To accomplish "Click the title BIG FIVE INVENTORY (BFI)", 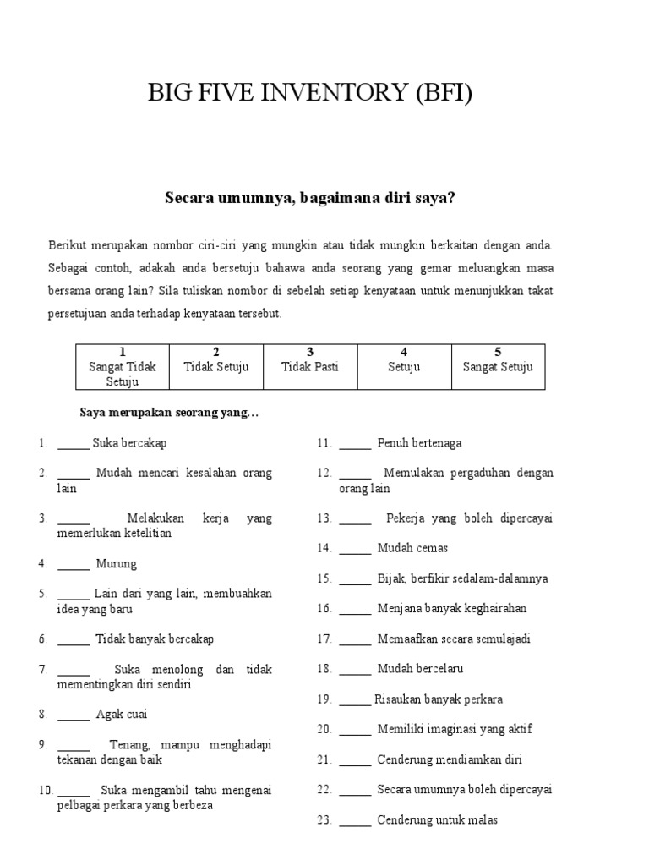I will (310, 92).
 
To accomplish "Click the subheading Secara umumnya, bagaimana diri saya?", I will (309, 198).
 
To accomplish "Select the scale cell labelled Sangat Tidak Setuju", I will (123, 366).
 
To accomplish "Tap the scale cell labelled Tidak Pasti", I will (310, 366).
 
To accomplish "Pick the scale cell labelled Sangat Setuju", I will (498, 366).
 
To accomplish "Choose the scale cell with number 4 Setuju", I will (404, 366).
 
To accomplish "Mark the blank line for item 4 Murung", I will (74, 564).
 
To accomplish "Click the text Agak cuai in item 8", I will (122, 715).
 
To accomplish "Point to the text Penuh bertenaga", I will (419, 443).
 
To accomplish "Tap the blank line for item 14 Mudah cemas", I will (355, 549).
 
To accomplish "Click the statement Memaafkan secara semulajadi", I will (454, 639).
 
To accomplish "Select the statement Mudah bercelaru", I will (420, 669).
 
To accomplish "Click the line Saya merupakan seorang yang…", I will (169, 413).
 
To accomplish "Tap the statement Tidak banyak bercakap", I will (155, 639).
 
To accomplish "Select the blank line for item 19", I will (355, 700).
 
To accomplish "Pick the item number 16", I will (324, 609).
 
